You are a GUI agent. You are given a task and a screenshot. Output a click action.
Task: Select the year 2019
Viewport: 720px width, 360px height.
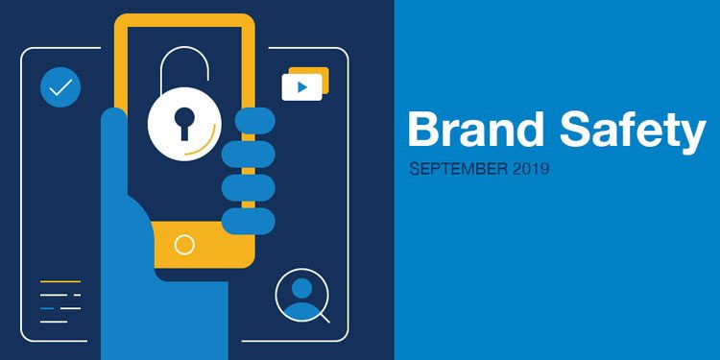click(x=531, y=169)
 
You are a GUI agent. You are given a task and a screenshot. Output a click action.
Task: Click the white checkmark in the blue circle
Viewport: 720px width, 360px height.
click(x=60, y=88)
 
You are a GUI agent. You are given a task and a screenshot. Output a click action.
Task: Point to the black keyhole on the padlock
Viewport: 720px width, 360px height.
click(x=184, y=121)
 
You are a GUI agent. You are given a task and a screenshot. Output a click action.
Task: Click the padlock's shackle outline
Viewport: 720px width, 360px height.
click(x=184, y=65)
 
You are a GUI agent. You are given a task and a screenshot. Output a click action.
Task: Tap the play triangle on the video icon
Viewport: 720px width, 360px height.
click(x=302, y=87)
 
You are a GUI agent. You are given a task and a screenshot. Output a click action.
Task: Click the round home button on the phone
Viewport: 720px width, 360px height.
click(x=184, y=245)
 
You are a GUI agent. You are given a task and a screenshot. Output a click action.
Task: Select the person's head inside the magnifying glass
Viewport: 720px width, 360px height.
click(x=301, y=288)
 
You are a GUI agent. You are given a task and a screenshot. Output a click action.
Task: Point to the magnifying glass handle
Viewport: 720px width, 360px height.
click(x=323, y=315)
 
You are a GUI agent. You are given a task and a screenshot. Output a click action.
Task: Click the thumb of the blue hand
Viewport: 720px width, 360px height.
click(x=114, y=144)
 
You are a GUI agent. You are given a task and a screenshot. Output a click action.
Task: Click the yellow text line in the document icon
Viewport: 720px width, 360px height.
click(x=60, y=281)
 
